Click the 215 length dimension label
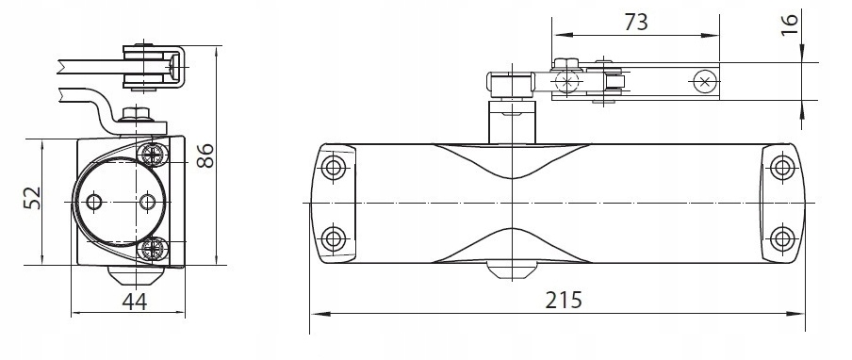click(x=564, y=299)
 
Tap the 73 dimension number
click(x=636, y=23)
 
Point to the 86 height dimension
click(x=205, y=155)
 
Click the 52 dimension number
click(x=33, y=198)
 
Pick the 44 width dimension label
click(x=134, y=302)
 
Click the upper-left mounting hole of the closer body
click(x=333, y=167)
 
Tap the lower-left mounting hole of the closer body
click(x=333, y=239)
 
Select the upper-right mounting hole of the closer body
click(x=782, y=167)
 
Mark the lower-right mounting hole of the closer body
click(x=782, y=239)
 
